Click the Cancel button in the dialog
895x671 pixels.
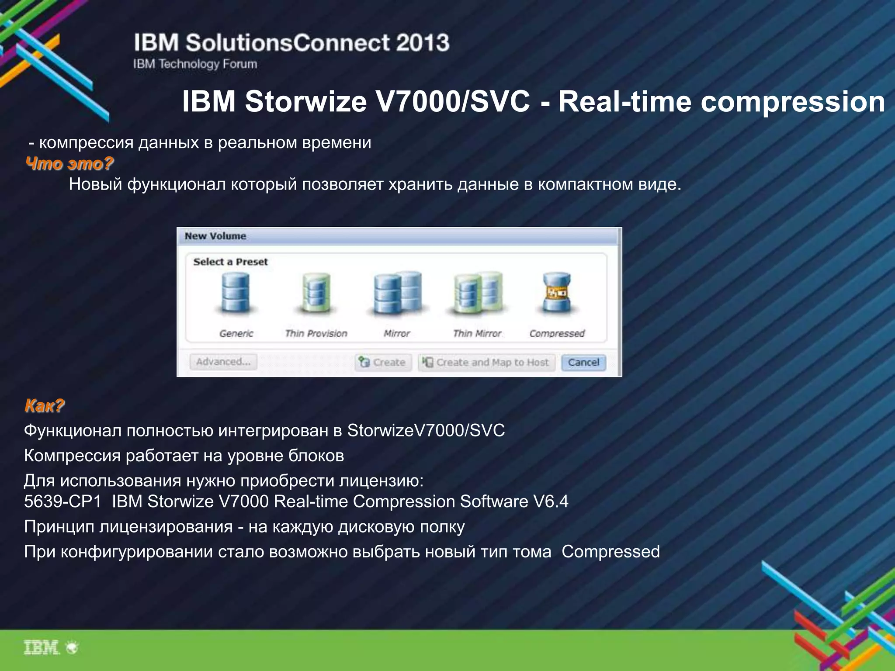(583, 362)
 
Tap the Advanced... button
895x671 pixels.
(223, 362)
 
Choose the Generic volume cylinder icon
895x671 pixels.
(236, 293)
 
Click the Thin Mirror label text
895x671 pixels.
(477, 334)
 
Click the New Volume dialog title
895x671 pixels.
(215, 236)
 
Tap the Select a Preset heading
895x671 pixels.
(230, 262)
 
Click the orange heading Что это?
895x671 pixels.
(69, 164)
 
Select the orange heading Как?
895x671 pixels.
(44, 406)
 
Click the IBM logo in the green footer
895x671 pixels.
(42, 647)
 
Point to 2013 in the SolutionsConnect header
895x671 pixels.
(423, 43)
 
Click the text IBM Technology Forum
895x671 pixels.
(195, 64)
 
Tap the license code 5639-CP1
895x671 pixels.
(62, 502)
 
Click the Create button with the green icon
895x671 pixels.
(383, 362)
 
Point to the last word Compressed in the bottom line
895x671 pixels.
(611, 552)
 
